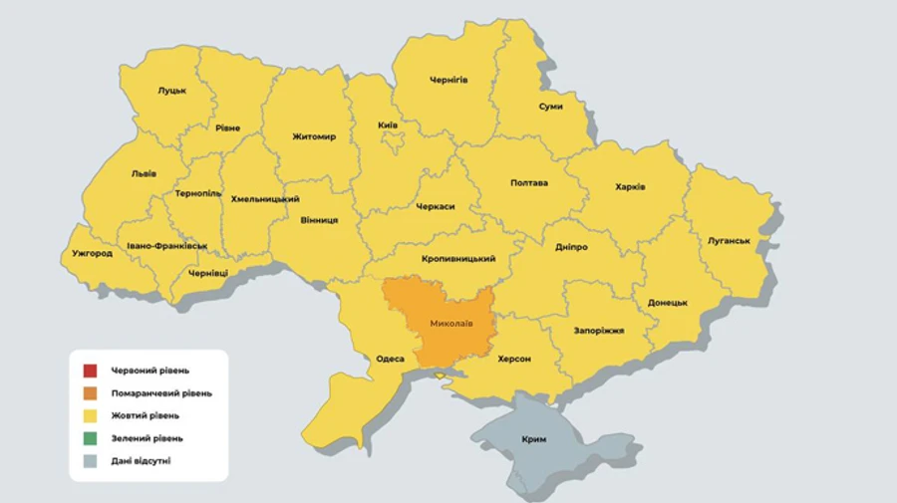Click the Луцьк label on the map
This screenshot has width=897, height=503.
(171, 91)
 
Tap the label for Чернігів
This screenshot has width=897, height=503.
(448, 80)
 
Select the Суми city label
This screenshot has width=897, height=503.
(550, 107)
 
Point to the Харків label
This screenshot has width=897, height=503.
(630, 186)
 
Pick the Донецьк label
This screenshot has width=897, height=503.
(667, 302)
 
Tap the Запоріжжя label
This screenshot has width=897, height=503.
(599, 330)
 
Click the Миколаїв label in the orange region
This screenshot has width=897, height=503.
(451, 324)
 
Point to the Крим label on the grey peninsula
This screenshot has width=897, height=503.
(533, 439)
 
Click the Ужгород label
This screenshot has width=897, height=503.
(92, 253)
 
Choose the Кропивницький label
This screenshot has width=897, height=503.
(458, 259)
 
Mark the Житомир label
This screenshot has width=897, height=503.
(314, 136)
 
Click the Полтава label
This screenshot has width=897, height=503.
(528, 182)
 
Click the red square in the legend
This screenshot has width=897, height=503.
(90, 372)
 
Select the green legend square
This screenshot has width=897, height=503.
(90, 437)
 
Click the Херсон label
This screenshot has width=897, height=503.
(508, 359)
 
